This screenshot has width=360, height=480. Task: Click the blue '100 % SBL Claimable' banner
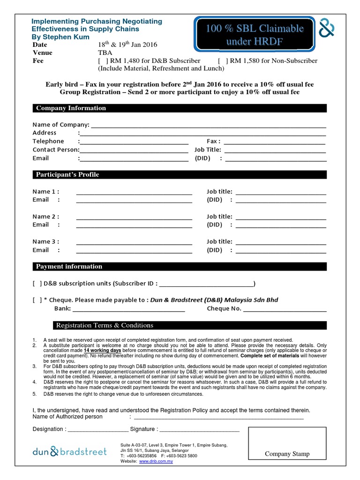pyautogui.click(x=255, y=35)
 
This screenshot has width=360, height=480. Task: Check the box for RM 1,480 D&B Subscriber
pyautogui.click(x=103, y=61)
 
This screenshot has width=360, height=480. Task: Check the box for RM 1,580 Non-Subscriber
pyautogui.click(x=223, y=61)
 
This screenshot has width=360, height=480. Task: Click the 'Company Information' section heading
pyautogui.click(x=71, y=108)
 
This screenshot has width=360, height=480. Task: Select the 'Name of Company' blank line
pyautogui.click(x=208, y=127)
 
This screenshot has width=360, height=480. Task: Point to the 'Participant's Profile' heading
pyautogui.click(x=68, y=175)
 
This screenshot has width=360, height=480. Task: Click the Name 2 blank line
pyautogui.click(x=134, y=218)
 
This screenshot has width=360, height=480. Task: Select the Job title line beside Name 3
pyautogui.click(x=281, y=244)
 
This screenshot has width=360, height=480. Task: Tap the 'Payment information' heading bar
pyautogui.click(x=69, y=267)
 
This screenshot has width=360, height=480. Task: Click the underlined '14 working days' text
pyautogui.click(x=103, y=351)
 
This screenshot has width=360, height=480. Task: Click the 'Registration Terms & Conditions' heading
pyautogui.click(x=105, y=325)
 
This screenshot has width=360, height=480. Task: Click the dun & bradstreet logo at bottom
pyautogui.click(x=69, y=452)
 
